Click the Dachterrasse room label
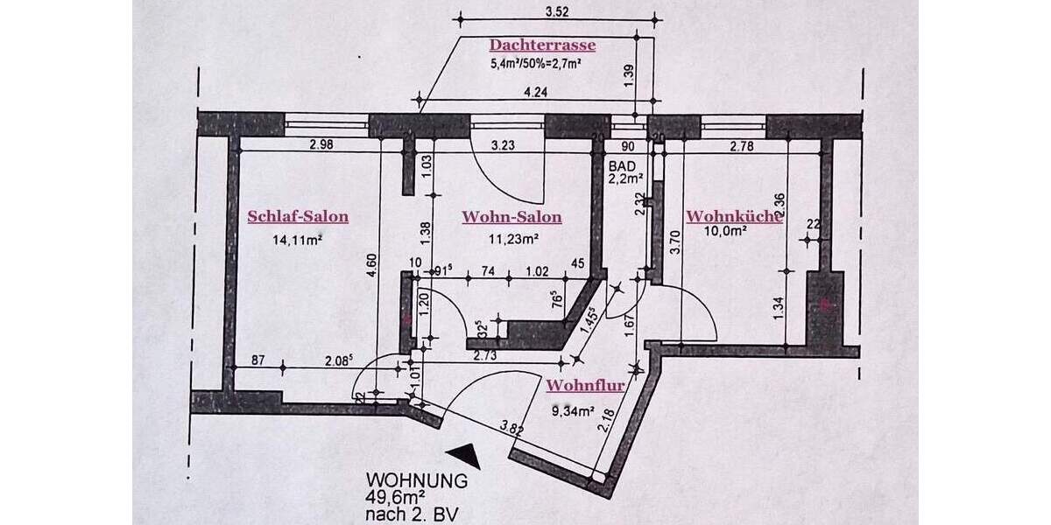click(542, 45)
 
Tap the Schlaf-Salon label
click(298, 217)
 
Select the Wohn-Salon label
click(511, 217)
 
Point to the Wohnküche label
click(733, 217)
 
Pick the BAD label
click(620, 163)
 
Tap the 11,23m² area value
click(512, 237)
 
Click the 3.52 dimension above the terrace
click(557, 13)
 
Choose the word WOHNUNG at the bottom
click(417, 480)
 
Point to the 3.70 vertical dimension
click(674, 241)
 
